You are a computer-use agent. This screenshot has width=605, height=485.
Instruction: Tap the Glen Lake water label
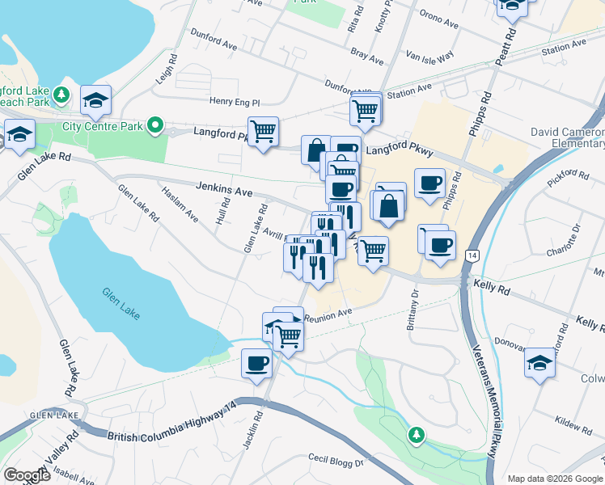tap(121, 302)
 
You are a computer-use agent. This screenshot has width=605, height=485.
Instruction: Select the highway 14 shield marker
tap(471, 255)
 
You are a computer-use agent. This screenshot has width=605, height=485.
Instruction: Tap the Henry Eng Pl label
tap(235, 103)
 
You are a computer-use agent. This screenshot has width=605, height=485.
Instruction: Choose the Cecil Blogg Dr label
tap(336, 461)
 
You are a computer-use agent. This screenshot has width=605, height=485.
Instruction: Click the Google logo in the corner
tap(26, 474)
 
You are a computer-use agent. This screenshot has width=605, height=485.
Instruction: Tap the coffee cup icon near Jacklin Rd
tap(256, 361)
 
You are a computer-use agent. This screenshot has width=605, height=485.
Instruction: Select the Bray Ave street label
tap(367, 55)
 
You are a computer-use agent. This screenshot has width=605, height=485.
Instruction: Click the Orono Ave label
tap(439, 19)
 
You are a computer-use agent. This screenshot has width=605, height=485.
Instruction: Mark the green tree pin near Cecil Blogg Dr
tap(417, 436)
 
